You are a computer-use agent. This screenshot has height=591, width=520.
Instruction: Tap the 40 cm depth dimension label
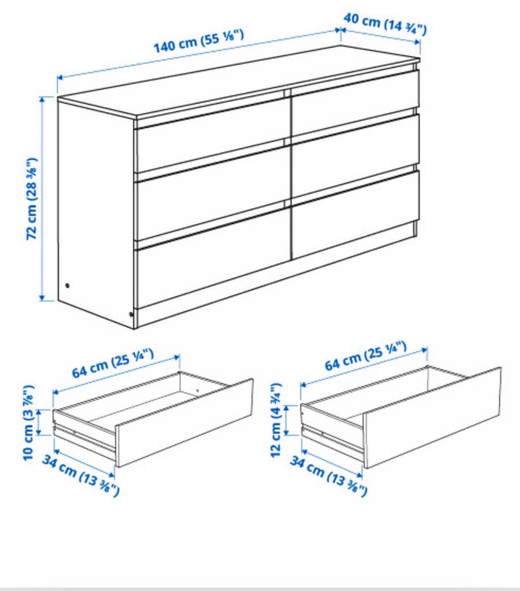[385, 24]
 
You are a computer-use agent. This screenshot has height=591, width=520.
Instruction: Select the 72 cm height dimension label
[31, 199]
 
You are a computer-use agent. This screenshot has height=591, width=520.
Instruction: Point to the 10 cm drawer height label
[29, 423]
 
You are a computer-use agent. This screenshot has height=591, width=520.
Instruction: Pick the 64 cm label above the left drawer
[113, 363]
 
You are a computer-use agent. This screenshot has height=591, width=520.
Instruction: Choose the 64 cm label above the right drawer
[366, 355]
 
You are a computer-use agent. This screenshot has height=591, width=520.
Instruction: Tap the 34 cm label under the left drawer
[81, 476]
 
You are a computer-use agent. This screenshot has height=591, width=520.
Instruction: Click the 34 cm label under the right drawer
[328, 476]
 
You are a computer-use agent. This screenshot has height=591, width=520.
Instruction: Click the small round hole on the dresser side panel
[68, 285]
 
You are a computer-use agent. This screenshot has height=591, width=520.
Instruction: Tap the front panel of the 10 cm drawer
[184, 423]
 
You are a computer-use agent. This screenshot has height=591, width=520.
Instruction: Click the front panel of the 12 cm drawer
[432, 418]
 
